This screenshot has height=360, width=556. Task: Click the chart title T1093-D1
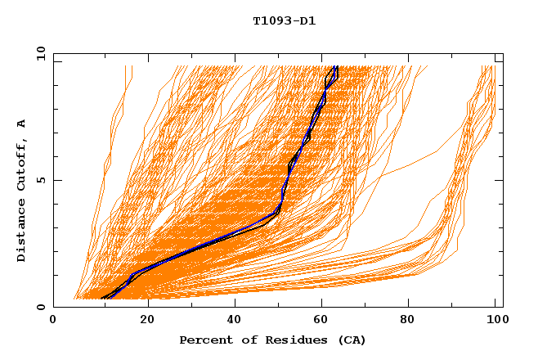tap(284, 20)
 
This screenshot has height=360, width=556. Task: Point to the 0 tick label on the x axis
tap(53, 320)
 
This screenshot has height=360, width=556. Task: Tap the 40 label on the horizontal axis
tap(235, 320)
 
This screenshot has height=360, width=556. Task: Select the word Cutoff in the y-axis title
tap(21, 164)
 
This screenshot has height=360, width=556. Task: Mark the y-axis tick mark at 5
tap(56, 180)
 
